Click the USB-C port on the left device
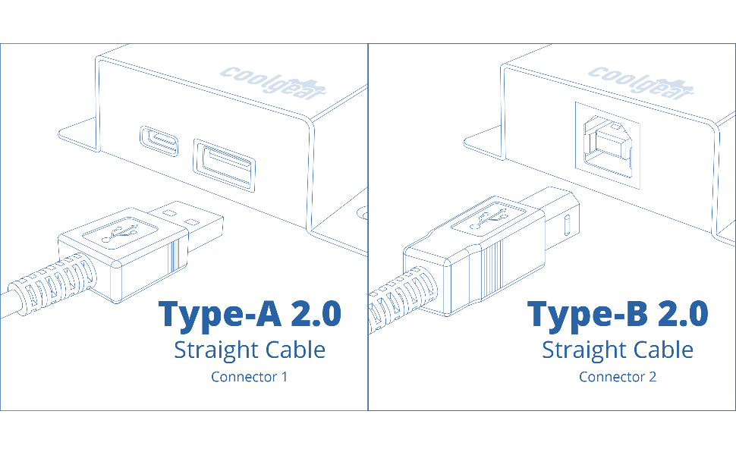159,141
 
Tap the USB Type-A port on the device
225,165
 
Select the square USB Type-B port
607,146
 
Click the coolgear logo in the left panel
273,83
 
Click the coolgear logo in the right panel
640,83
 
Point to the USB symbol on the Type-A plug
120,232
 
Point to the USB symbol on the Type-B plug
488,218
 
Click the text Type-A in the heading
220,314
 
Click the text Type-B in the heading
588,314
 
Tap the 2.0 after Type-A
316,313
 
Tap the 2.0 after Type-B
683,313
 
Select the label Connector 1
249,377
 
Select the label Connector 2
618,377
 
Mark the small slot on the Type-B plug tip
566,225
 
